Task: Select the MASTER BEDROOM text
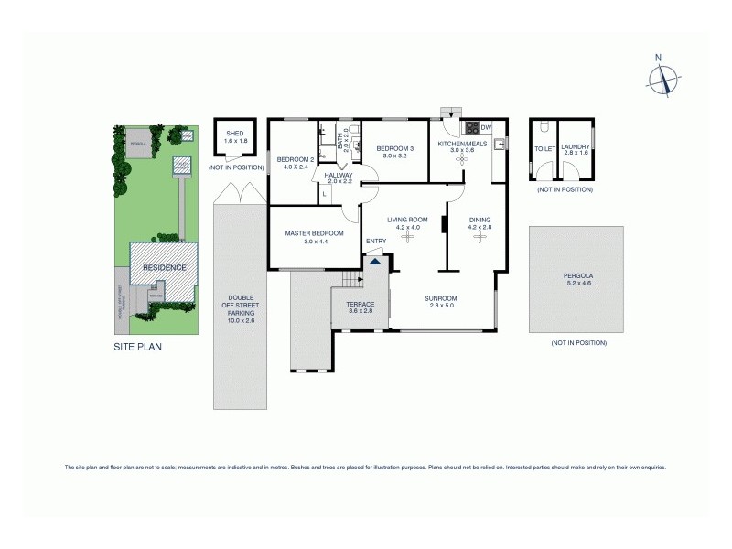point(314,233)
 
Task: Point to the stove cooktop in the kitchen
point(473,128)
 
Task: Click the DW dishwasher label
point(487,127)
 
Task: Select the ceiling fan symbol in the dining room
point(479,236)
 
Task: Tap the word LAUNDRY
point(576,146)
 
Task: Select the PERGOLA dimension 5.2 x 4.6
point(578,283)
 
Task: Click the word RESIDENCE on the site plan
point(165,268)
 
